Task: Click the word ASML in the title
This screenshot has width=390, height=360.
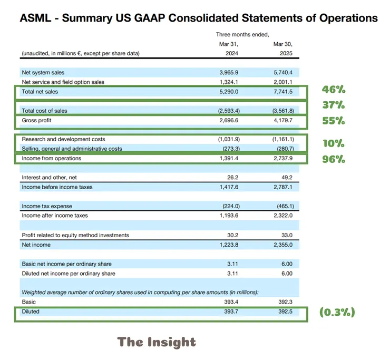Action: [35, 18]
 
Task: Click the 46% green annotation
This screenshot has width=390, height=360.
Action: [334, 89]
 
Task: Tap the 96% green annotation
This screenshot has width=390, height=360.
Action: [334, 159]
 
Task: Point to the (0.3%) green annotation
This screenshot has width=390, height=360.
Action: [337, 312]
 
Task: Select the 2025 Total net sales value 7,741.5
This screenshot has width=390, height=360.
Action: [283, 92]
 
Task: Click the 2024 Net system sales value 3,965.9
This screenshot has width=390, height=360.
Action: [229, 72]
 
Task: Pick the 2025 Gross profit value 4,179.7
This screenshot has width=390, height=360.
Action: [283, 120]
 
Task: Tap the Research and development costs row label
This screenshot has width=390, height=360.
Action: [63, 139]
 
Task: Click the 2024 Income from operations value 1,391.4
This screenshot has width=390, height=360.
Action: [229, 159]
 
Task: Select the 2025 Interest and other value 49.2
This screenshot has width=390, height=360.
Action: [287, 178]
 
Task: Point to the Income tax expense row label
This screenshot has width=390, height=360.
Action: [47, 206]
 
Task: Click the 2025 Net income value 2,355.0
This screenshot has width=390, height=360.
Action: [283, 245]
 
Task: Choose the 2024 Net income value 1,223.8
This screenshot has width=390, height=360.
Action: [229, 245]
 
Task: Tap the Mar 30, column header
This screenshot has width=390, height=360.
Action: [283, 44]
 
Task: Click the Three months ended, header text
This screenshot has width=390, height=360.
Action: [242, 35]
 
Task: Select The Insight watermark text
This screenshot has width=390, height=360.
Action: [157, 342]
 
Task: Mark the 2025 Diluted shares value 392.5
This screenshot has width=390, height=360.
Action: [285, 312]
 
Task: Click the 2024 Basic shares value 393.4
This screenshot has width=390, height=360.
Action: [231, 302]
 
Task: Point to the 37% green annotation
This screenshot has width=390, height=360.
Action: [334, 105]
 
